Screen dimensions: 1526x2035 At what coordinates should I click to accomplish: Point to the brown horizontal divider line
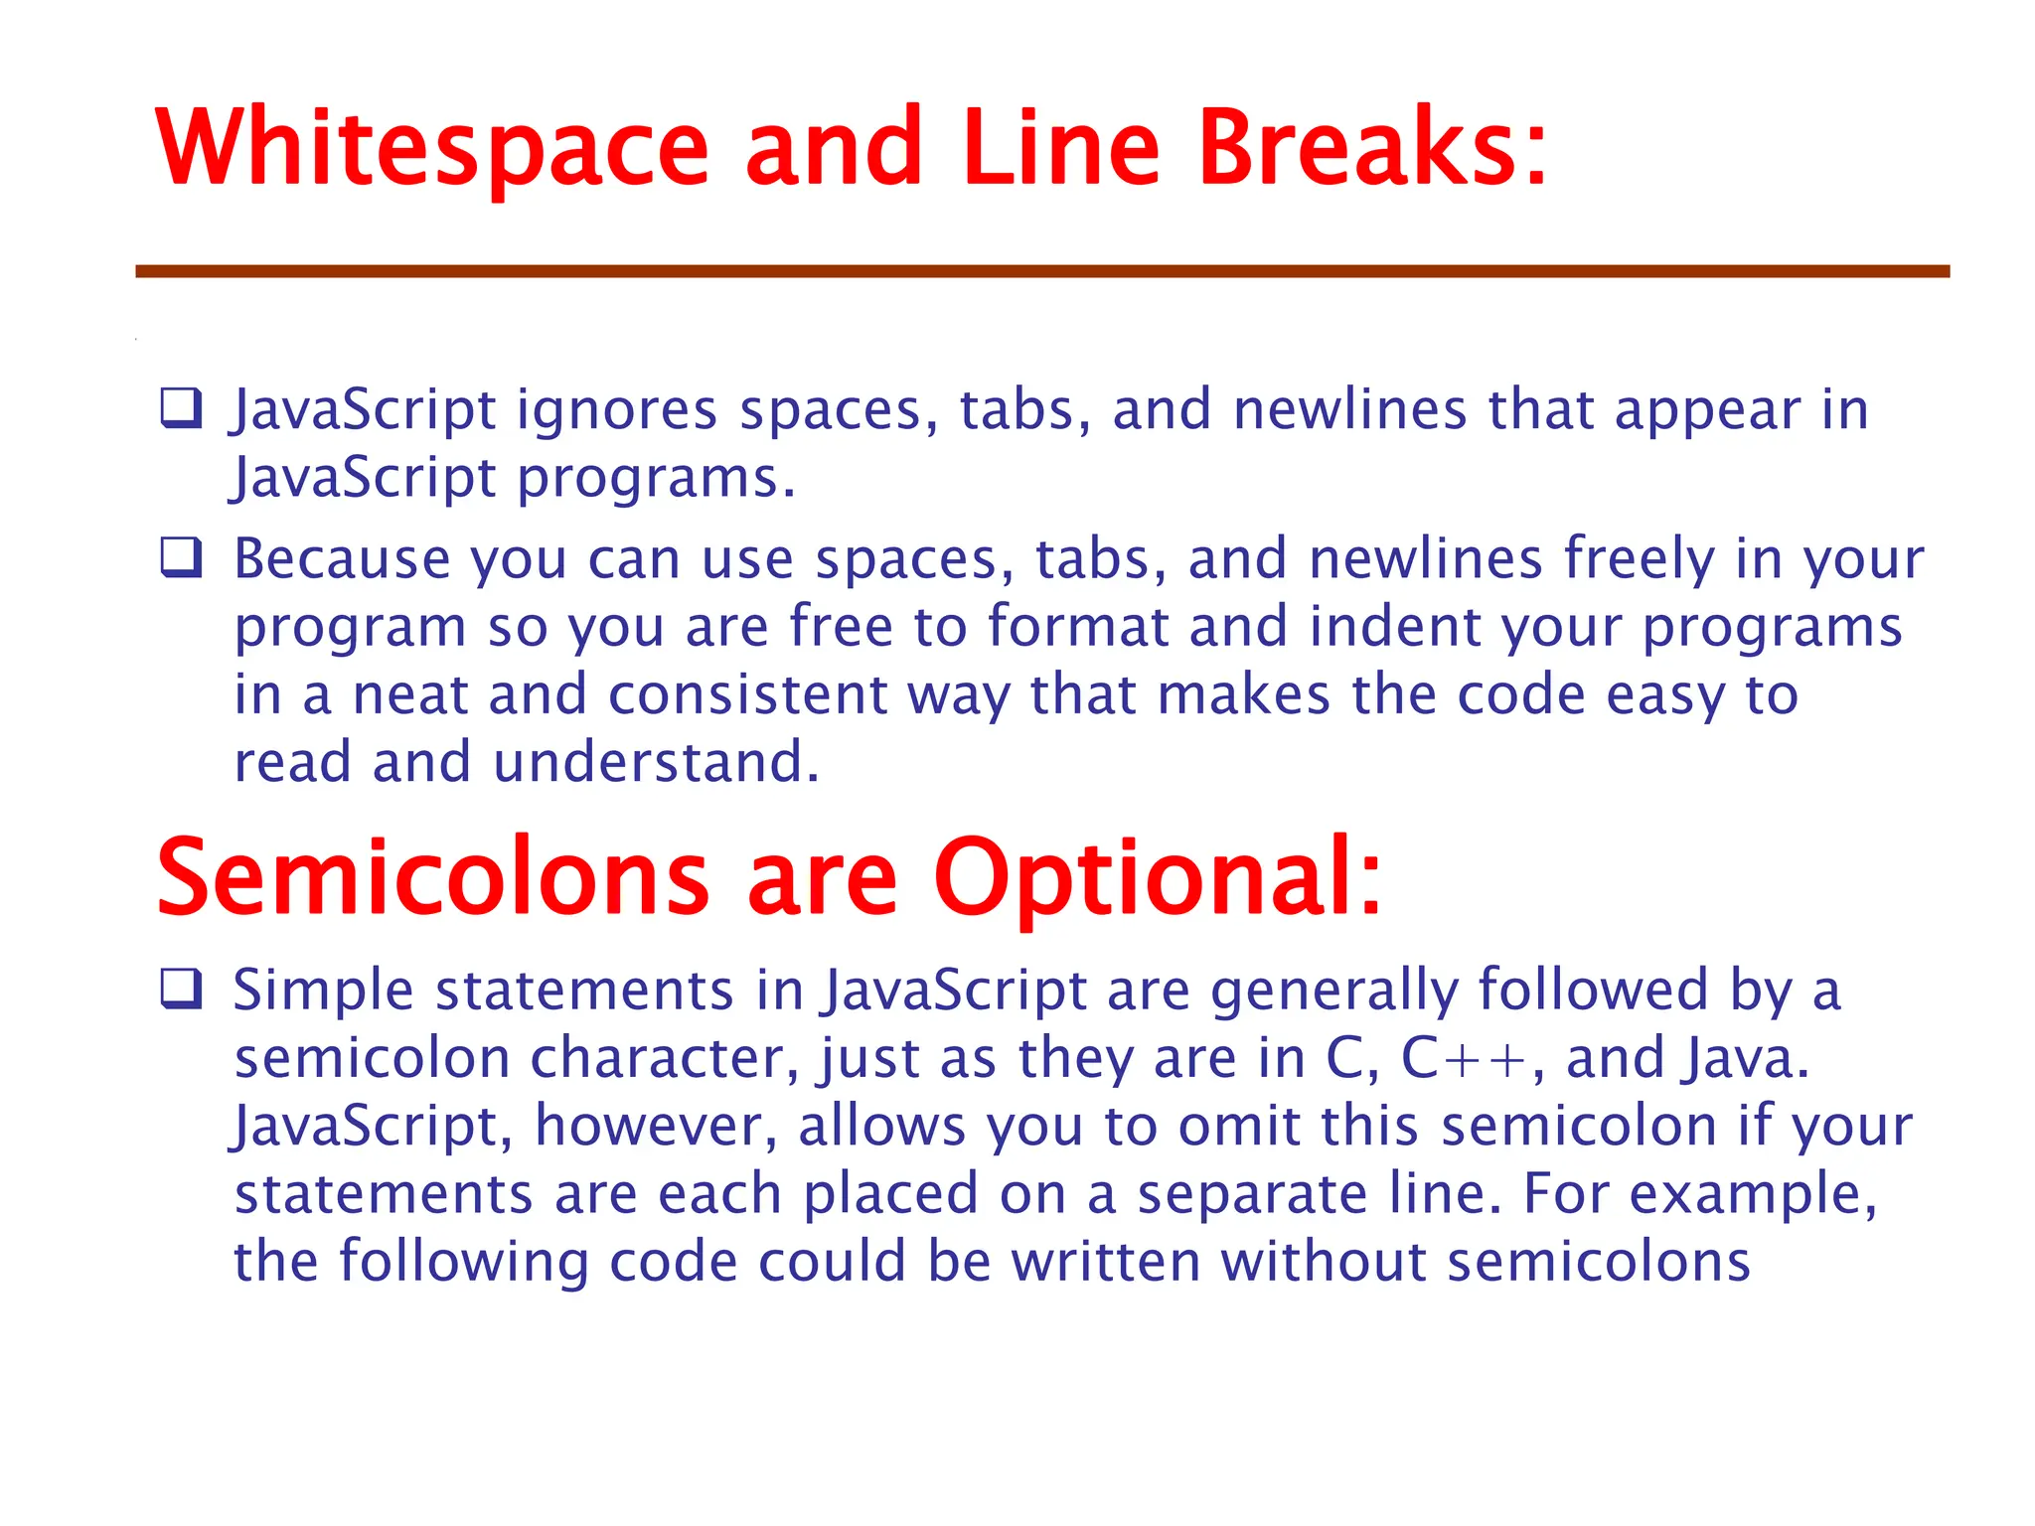[1042, 271]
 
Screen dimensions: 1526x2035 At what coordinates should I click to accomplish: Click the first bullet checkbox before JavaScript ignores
[182, 408]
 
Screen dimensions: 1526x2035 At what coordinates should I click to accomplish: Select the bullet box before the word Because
[182, 558]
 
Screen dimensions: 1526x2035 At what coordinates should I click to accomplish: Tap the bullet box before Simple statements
[182, 990]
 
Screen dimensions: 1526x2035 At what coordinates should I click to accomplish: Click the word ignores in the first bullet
[616, 410]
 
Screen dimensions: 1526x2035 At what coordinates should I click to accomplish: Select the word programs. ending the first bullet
[656, 479]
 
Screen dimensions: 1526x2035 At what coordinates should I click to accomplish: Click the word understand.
[656, 762]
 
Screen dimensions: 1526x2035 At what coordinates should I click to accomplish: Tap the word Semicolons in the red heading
[432, 878]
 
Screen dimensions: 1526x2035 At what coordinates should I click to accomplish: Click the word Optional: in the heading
[1158, 878]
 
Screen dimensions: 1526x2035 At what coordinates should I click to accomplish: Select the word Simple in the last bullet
[323, 991]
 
